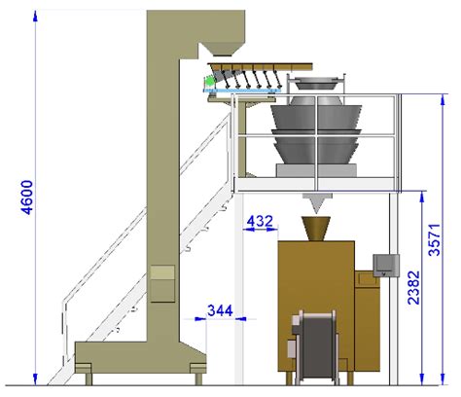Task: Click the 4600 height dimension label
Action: [x=26, y=198]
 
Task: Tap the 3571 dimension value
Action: [x=435, y=240]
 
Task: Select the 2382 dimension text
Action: [x=413, y=288]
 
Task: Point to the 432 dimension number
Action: [x=260, y=221]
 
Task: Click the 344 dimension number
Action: [x=220, y=310]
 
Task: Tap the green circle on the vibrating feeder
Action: [x=210, y=81]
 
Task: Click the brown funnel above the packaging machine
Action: [x=316, y=229]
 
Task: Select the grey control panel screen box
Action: [x=386, y=266]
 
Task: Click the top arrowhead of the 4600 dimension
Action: [x=36, y=17]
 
